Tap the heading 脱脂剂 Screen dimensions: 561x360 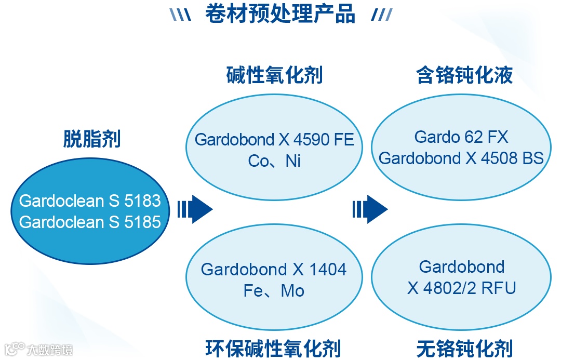pyautogui.click(x=92, y=139)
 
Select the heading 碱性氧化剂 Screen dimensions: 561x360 pyautogui.click(x=274, y=75)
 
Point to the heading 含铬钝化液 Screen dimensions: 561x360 pyautogui.click(x=464, y=75)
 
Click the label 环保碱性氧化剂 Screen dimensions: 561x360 pyautogui.click(x=273, y=348)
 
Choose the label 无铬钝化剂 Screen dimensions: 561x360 pyautogui.click(x=464, y=348)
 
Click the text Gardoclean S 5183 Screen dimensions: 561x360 pyautogui.click(x=90, y=201)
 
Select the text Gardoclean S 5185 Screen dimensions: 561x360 pyautogui.click(x=90, y=222)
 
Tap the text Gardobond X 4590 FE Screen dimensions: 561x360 pyautogui.click(x=274, y=140)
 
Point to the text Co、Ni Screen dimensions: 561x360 pyautogui.click(x=274, y=161)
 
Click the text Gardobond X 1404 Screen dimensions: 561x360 pyautogui.click(x=274, y=270)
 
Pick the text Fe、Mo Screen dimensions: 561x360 pyautogui.click(x=274, y=291)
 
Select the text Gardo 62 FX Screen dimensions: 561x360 pyautogui.click(x=461, y=137)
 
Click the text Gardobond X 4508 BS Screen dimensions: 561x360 pyautogui.click(x=461, y=158)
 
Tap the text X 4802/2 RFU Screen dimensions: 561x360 pyautogui.click(x=461, y=288)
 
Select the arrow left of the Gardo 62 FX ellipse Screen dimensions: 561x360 pyautogui.click(x=370, y=209)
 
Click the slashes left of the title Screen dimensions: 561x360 pyautogui.click(x=180, y=16)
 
